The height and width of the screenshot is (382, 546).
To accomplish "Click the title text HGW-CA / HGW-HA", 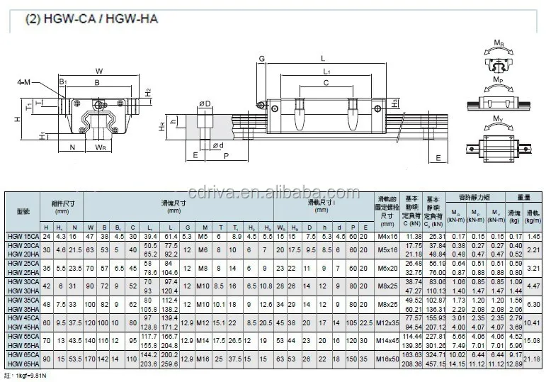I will click(x=91, y=19).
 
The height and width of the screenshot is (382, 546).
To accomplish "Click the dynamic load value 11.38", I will click(x=412, y=236).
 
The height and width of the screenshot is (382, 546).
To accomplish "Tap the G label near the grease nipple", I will click(x=261, y=59).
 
